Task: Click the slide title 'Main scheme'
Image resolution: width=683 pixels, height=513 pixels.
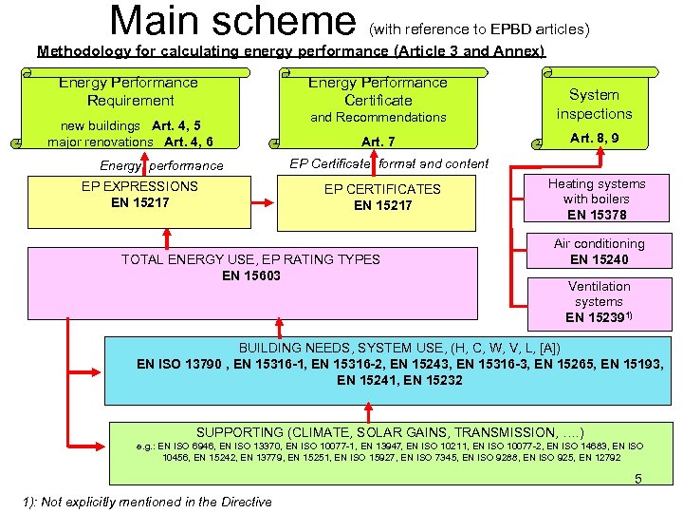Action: (x=231, y=21)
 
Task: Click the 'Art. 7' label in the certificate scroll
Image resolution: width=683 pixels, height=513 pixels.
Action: (x=378, y=142)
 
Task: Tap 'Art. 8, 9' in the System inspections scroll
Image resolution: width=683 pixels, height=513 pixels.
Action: (x=595, y=138)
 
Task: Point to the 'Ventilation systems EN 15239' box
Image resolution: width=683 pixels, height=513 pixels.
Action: (x=600, y=301)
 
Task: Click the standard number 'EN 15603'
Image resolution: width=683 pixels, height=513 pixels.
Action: (x=250, y=275)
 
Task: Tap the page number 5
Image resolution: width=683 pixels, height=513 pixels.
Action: (x=638, y=479)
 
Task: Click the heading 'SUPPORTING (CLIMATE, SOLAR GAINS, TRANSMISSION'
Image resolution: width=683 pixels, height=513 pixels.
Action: (x=390, y=431)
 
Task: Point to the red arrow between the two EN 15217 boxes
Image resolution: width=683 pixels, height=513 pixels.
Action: (x=262, y=202)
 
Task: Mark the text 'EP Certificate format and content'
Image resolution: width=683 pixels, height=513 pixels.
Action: (x=389, y=163)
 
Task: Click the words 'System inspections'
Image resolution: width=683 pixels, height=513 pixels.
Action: (x=594, y=104)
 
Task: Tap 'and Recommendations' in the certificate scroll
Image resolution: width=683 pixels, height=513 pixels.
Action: (x=378, y=117)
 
